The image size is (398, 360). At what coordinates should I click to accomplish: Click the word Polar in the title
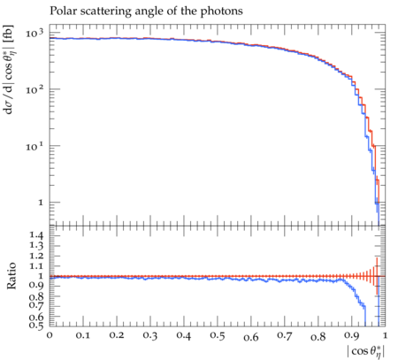click(61, 11)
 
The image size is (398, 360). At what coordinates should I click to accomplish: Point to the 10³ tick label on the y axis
click(34, 33)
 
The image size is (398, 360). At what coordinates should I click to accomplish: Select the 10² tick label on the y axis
click(34, 89)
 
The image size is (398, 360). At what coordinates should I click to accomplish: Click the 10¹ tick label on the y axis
click(34, 146)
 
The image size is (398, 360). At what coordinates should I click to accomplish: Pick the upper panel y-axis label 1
click(41, 203)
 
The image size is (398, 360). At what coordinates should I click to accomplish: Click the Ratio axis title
click(11, 276)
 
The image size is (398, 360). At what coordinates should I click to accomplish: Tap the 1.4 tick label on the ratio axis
click(36, 235)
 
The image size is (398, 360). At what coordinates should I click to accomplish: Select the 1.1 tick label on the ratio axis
click(36, 266)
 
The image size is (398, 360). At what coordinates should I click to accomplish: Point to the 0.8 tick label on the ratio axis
click(36, 296)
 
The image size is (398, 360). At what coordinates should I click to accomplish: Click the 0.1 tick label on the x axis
click(83, 335)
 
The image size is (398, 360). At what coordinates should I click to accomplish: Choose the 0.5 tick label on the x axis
click(218, 335)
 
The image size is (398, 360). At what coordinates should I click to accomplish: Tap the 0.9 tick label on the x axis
click(352, 336)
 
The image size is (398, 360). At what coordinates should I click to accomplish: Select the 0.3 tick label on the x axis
click(150, 335)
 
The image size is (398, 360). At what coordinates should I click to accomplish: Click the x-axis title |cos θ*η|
click(365, 352)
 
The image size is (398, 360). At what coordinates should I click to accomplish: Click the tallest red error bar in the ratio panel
click(377, 276)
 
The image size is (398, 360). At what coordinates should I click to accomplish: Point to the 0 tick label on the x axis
click(50, 335)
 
